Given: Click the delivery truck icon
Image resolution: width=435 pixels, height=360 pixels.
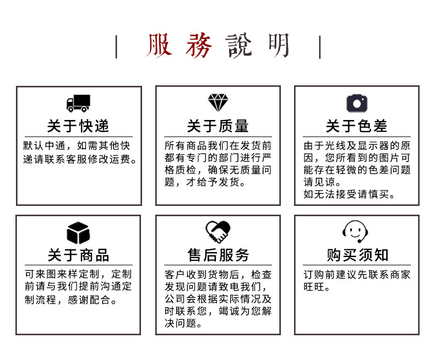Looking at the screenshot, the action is (x=78, y=103).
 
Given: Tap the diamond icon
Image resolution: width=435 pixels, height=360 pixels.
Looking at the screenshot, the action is (x=218, y=102).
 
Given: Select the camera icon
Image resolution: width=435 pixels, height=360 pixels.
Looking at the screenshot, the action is (x=356, y=103).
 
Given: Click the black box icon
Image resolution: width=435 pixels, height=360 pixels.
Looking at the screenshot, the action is (x=78, y=233).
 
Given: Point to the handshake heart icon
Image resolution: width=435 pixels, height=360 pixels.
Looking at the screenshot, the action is (x=218, y=232).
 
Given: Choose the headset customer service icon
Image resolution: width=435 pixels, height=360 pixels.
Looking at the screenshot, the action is (x=356, y=231).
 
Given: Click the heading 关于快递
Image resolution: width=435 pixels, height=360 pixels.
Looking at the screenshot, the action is (x=78, y=126).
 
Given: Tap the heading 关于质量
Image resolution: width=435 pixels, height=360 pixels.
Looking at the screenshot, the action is (x=218, y=126).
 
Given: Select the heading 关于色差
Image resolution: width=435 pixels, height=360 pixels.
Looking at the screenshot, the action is (x=356, y=126).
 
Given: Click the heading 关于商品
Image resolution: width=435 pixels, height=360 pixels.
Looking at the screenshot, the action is (x=78, y=255).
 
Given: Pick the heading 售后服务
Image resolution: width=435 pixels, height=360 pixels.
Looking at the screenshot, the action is (x=218, y=255).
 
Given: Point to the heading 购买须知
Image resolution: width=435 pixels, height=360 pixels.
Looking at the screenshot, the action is (x=356, y=255).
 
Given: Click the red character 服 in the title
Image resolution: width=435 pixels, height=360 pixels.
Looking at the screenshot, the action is (x=160, y=46).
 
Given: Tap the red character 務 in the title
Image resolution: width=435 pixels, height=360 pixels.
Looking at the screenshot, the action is (x=198, y=46).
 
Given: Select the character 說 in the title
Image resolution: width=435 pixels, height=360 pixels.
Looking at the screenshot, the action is (x=238, y=46).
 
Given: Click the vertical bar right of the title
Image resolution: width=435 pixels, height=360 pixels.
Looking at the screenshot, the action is (x=320, y=46).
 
